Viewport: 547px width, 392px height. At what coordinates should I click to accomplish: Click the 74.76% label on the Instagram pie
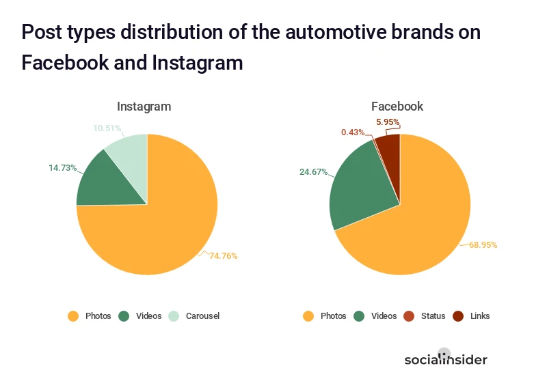coord(224,256)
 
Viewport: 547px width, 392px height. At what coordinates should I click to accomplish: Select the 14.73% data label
coord(62,167)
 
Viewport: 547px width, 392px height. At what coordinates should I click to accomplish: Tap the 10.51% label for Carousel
coord(107,128)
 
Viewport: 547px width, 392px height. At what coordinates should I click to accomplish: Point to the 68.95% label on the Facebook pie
coord(483,244)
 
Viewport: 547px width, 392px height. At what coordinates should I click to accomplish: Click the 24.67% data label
coord(313,171)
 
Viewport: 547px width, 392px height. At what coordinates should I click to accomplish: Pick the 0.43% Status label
coord(353,132)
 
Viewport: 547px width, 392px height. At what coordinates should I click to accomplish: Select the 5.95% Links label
coord(388,122)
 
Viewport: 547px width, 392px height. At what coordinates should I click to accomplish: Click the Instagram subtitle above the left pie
coord(144,107)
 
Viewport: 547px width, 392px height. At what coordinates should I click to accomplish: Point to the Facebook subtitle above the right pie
coord(397,107)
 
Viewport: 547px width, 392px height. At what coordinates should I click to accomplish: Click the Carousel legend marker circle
coord(175,316)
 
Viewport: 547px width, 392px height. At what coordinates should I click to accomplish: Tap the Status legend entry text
coord(433,316)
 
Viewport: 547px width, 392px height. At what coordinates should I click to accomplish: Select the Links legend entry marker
coord(458,316)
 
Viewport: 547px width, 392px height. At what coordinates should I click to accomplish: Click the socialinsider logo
coord(445,359)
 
